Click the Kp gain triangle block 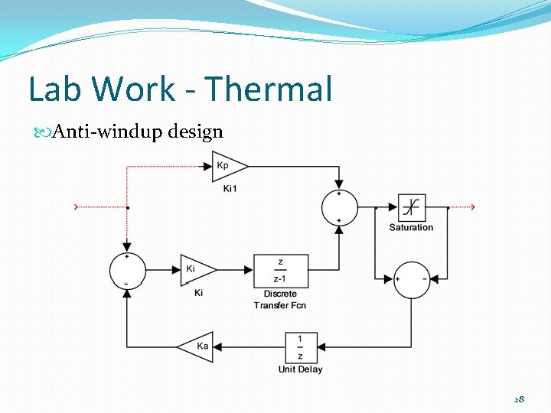click(229, 166)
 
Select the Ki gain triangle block click(197, 269)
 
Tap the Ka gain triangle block click(196, 346)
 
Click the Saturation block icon click(412, 207)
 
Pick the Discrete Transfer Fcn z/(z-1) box click(280, 271)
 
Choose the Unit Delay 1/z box click(300, 346)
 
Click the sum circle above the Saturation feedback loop click(339, 207)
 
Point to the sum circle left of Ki click(127, 271)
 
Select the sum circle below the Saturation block click(412, 279)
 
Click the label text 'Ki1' click(230, 188)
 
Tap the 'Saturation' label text click(411, 227)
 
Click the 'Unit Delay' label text click(300, 369)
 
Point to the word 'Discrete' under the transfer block click(280, 294)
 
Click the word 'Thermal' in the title click(269, 89)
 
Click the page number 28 click(519, 399)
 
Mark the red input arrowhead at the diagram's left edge click(75, 206)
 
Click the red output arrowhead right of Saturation click(472, 206)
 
